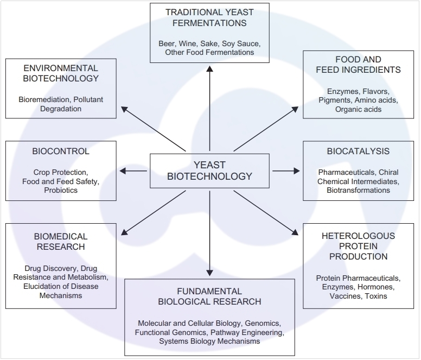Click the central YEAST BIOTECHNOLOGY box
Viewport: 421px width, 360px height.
tap(209, 170)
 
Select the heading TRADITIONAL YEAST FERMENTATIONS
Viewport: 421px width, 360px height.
tap(209, 17)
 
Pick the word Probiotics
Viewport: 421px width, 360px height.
tap(61, 190)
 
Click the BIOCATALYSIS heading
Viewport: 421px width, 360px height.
tap(358, 151)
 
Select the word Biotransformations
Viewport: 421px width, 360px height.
tap(358, 190)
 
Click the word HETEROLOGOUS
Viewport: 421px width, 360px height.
tap(358, 236)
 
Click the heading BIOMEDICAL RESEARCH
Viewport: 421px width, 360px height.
tap(61, 242)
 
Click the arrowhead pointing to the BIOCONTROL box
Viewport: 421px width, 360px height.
tap(123, 171)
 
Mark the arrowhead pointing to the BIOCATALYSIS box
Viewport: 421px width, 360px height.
tap(296, 171)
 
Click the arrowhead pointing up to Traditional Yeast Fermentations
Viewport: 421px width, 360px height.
tap(209, 67)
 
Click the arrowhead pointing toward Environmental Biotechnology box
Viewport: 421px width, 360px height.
tap(124, 109)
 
